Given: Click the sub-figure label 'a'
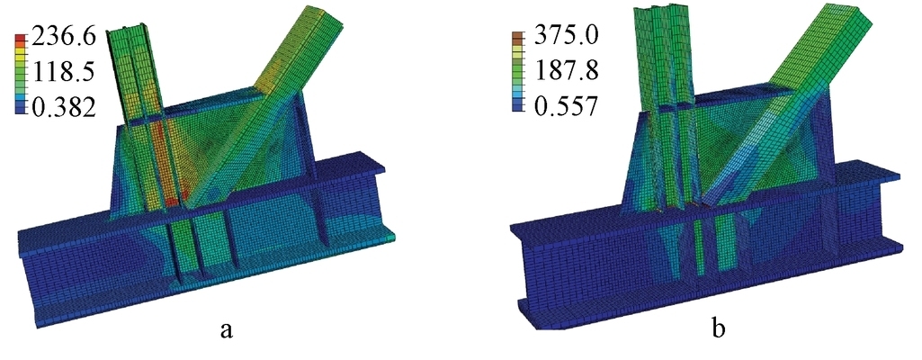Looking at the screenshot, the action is [227, 329].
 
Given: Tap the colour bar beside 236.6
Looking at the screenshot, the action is [21, 74].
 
